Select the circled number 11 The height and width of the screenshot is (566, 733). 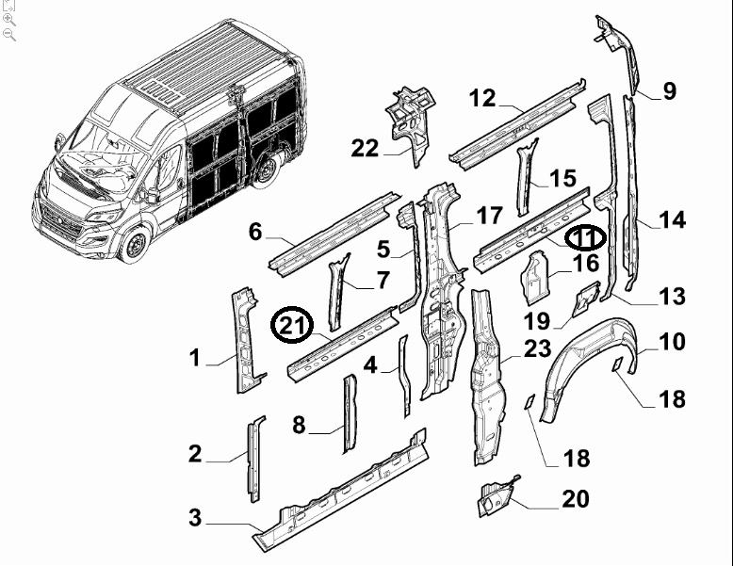pos(585,237)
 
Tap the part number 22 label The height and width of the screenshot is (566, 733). pos(365,148)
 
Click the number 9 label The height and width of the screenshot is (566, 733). pos(669,91)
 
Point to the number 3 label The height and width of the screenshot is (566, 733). pos(195,517)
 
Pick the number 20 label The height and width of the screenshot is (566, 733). pos(575,499)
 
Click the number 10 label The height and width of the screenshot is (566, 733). pos(672,341)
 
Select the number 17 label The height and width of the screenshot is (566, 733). pos(489,216)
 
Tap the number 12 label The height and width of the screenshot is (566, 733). pos(481,98)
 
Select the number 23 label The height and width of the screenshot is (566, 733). pos(537,349)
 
